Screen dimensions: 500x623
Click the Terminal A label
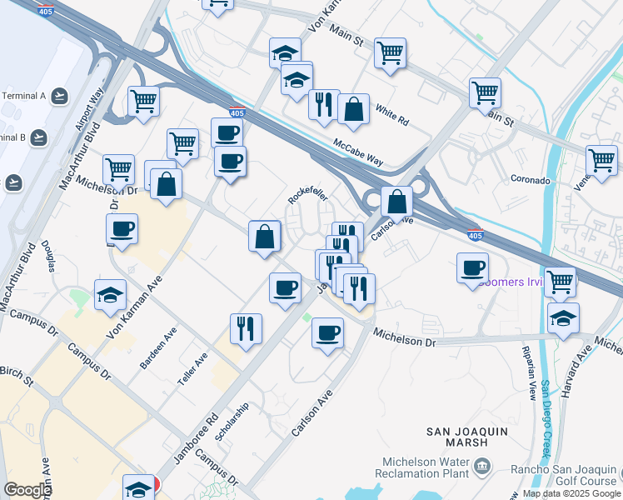point(23,96)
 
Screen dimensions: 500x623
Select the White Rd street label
point(391,115)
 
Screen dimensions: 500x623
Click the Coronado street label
point(531,180)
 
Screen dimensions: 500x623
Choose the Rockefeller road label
point(307,195)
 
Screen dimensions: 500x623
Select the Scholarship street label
point(231,422)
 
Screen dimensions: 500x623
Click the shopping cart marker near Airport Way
point(143,102)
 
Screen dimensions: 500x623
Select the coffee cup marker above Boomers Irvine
point(472,268)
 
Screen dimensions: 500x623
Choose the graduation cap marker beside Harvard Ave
point(563,318)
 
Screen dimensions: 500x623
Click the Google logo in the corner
point(27,490)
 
